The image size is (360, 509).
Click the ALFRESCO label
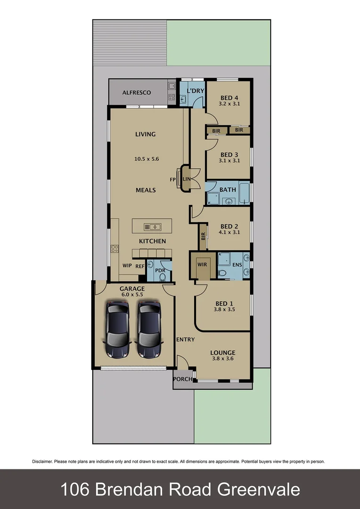tap(137, 92)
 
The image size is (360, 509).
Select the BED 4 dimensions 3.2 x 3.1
tap(230, 103)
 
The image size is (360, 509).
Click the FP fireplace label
tap(173, 180)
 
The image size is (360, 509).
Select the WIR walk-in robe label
tap(202, 264)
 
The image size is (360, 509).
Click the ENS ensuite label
tap(237, 264)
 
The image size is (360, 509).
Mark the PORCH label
tap(183, 379)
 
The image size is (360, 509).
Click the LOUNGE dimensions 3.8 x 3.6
tap(223, 359)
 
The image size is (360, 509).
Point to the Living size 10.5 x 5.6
tap(147, 159)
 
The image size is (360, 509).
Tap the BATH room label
tap(228, 189)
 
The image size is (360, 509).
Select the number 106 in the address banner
tap(75, 490)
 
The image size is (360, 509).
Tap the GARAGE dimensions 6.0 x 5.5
tap(132, 295)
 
